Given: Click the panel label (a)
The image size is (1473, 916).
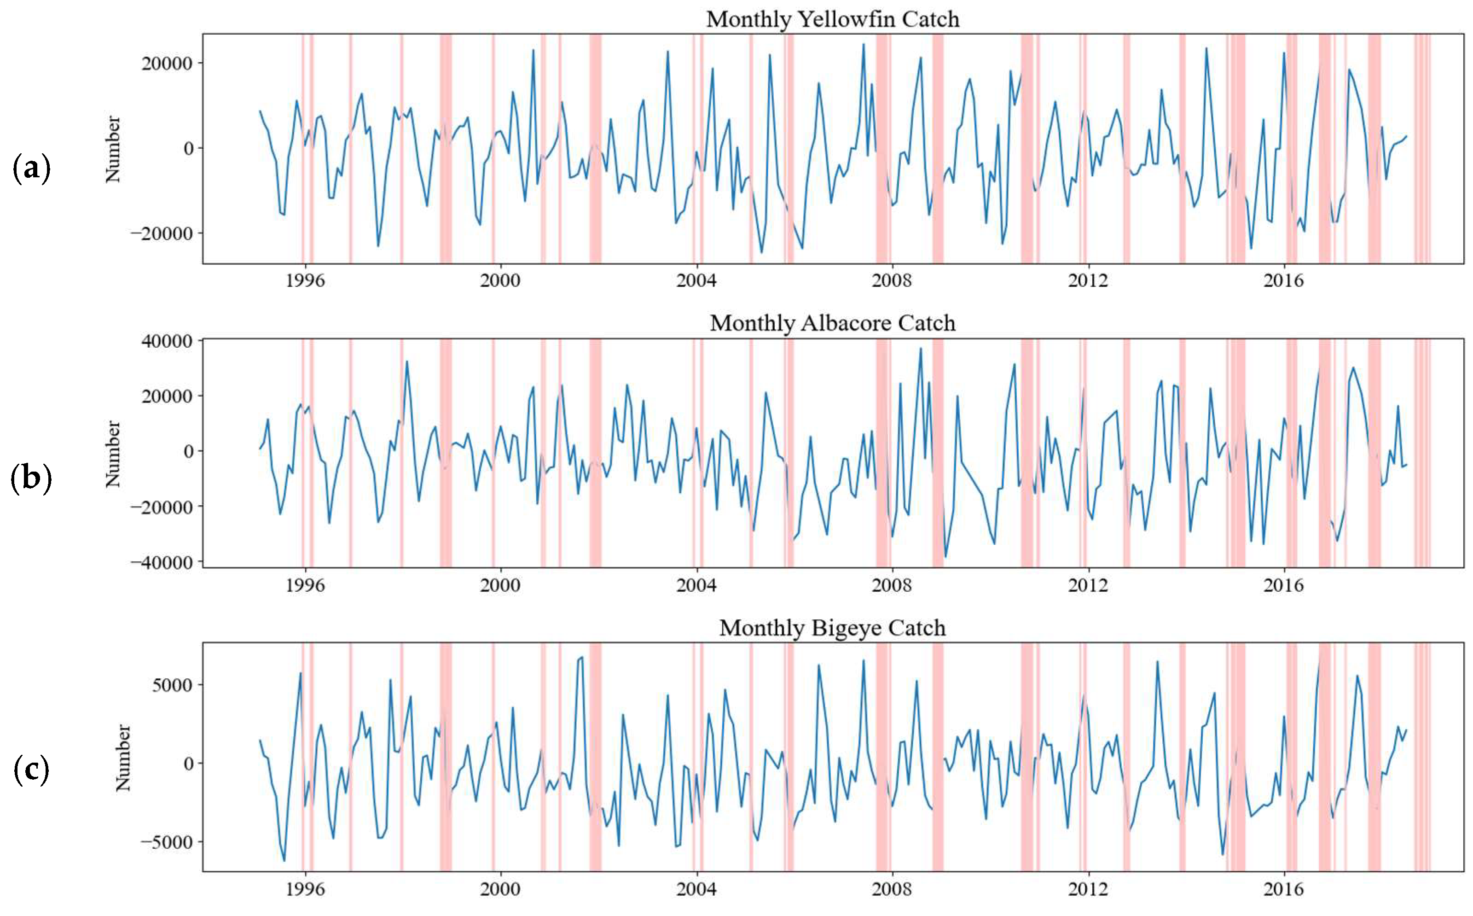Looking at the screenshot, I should pos(31,169).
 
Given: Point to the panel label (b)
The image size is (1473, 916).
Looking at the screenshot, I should pos(31,478).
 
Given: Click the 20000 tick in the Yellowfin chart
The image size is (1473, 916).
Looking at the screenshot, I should pos(167,64).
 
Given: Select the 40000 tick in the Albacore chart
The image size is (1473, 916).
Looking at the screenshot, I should pos(167,341).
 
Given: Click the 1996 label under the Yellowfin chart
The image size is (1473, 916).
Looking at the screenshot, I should pos(305,281).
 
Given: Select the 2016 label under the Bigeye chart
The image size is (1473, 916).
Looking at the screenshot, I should pos(1283,889).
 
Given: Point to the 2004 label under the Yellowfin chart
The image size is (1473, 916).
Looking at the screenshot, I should pos(696,281).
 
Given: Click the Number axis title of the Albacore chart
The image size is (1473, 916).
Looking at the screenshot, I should pos(113,454).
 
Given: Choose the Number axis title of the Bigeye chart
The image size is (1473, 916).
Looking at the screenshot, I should pos(123,758).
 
